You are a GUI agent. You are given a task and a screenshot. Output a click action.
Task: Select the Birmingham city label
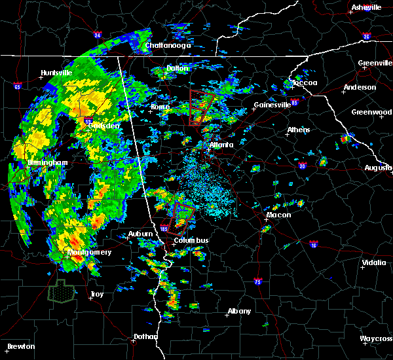point(47,162)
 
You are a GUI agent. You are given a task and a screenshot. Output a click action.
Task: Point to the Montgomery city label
point(89,252)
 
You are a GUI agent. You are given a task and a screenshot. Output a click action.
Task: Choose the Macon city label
point(278,215)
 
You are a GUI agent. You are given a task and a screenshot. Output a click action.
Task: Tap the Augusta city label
point(378,168)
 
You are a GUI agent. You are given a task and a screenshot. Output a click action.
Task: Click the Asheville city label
point(366,7)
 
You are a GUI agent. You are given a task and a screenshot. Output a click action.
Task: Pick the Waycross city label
point(376,338)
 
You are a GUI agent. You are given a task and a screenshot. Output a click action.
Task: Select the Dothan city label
point(145,336)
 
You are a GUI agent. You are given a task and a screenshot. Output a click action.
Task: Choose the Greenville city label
point(375,63)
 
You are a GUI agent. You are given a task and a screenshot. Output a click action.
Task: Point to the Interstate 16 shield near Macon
point(314,245)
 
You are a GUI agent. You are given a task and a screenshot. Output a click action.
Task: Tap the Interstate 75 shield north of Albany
point(257,281)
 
